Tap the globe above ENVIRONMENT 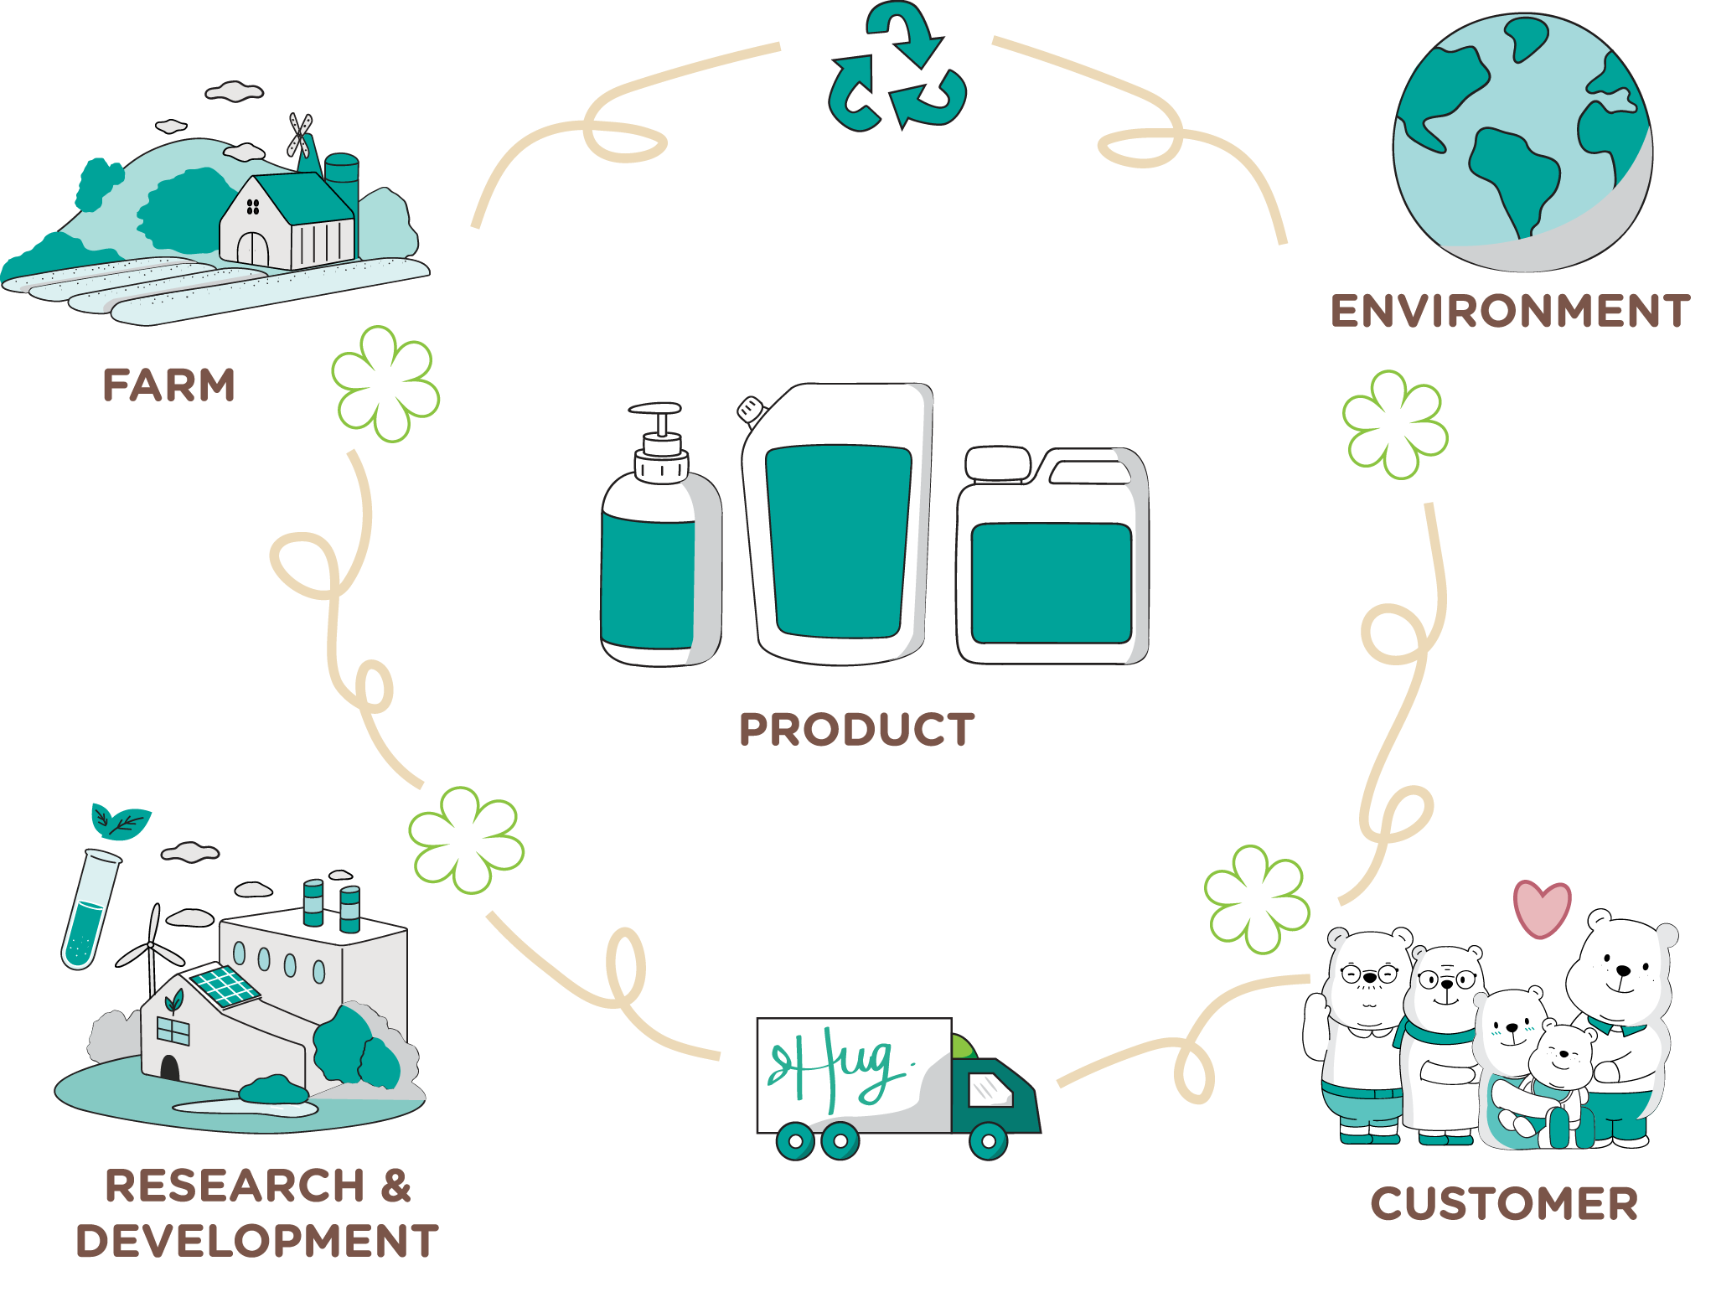(1522, 142)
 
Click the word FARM (168, 385)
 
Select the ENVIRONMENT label (1510, 312)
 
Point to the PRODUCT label (857, 729)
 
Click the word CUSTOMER (1504, 1204)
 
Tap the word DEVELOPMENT (256, 1241)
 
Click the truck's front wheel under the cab (988, 1140)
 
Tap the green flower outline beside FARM (385, 384)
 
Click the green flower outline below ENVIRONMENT (1395, 425)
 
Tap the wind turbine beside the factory (152, 951)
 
